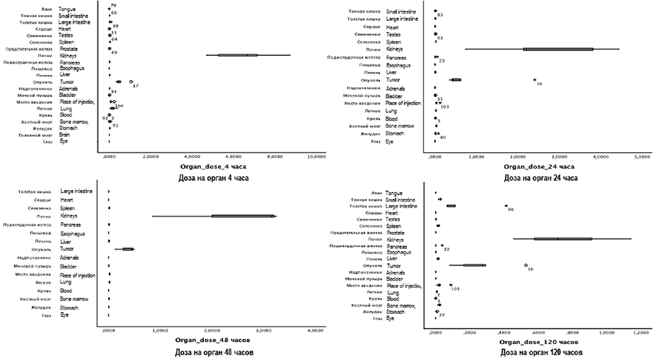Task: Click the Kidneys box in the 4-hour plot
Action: (237, 55)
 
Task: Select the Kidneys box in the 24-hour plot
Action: (558, 49)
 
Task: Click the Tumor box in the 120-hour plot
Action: (474, 264)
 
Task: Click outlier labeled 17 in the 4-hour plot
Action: (131, 82)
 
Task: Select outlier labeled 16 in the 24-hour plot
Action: (534, 80)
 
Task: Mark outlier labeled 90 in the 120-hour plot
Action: (506, 206)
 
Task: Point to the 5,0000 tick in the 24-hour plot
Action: (642, 156)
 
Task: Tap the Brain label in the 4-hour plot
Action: (65, 135)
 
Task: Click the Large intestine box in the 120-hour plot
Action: (451, 206)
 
